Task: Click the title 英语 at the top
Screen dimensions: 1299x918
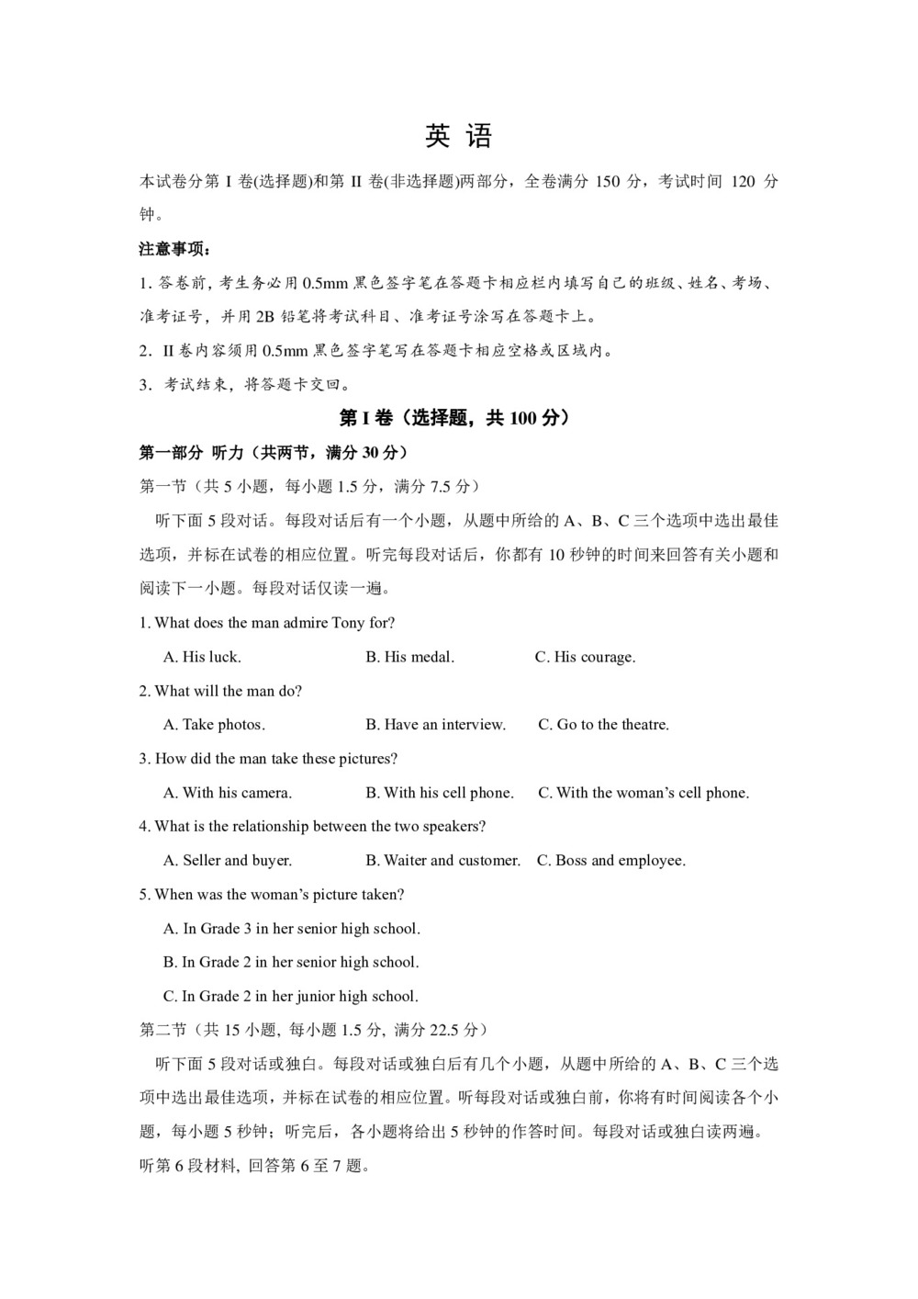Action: pos(459,137)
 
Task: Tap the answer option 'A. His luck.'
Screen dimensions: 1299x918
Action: pos(202,657)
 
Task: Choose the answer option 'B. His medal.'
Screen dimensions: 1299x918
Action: pos(409,657)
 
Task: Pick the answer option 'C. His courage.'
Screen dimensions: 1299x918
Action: pos(585,657)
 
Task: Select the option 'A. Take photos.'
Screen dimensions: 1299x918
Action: pos(214,725)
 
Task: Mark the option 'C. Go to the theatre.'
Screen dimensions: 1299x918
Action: pos(603,725)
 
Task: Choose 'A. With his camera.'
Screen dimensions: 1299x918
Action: pos(228,793)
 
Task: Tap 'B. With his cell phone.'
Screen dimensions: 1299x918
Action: pos(440,793)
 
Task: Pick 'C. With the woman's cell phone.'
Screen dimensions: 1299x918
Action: pos(643,793)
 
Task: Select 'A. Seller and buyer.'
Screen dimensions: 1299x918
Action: pos(228,861)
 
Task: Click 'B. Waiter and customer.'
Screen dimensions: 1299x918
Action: pos(442,861)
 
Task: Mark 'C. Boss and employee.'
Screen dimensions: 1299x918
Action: pos(610,861)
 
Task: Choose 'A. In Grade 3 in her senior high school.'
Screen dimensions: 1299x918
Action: pos(292,929)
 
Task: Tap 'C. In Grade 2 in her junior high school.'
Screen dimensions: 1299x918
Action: pos(291,997)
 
